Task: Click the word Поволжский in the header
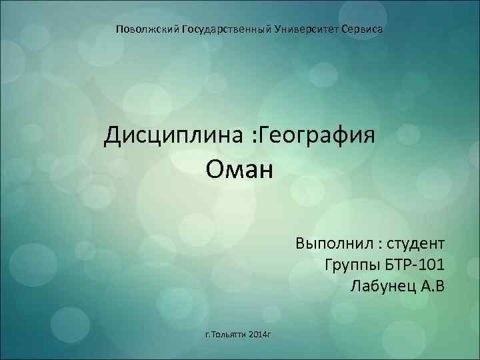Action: click(x=144, y=30)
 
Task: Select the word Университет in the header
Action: click(x=306, y=30)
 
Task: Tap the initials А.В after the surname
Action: click(x=431, y=287)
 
